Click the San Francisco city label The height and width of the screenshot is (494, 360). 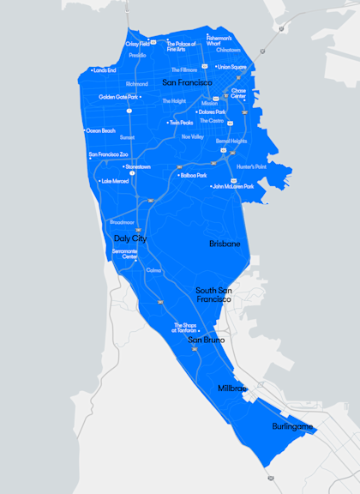pyautogui.click(x=187, y=82)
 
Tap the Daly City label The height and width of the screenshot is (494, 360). pyautogui.click(x=129, y=238)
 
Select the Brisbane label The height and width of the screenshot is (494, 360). pyautogui.click(x=225, y=244)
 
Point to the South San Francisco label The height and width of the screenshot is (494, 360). pyautogui.click(x=213, y=295)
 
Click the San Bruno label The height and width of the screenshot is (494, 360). pyautogui.click(x=207, y=340)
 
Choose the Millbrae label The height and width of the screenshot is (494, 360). pyautogui.click(x=231, y=389)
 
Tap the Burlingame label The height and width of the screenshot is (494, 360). pyautogui.click(x=292, y=426)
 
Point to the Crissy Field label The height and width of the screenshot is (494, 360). pyautogui.click(x=138, y=44)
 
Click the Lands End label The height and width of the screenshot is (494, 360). pyautogui.click(x=104, y=70)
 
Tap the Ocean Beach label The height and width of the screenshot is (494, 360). pyautogui.click(x=100, y=130)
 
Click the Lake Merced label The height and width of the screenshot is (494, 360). pyautogui.click(x=115, y=181)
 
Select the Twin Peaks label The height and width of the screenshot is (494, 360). pyautogui.click(x=181, y=123)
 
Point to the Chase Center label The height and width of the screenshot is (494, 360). pyautogui.click(x=238, y=93)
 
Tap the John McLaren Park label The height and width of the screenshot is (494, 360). pyautogui.click(x=233, y=186)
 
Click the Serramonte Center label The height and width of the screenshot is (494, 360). pyautogui.click(x=124, y=254)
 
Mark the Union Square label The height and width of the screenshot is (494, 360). pyautogui.click(x=231, y=67)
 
